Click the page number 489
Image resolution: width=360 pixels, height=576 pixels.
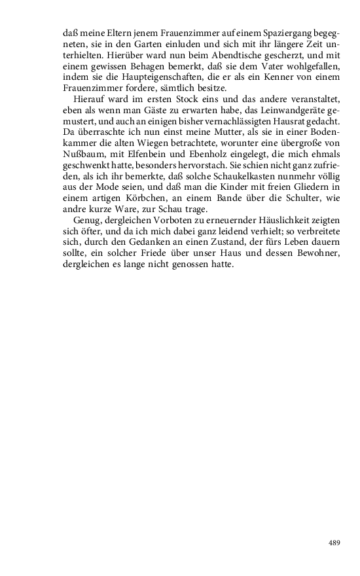[x=334, y=542]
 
